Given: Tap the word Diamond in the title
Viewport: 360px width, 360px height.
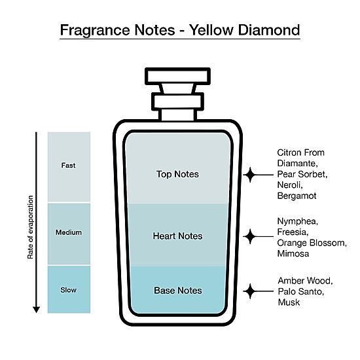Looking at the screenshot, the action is pos(269,30).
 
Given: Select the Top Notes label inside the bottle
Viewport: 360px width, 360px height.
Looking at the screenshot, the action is pos(177,174).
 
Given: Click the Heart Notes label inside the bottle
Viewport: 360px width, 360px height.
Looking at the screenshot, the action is pos(177,236).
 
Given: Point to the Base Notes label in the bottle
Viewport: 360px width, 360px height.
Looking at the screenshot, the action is pos(178,291).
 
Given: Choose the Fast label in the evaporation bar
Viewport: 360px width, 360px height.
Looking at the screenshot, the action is pos(69,166).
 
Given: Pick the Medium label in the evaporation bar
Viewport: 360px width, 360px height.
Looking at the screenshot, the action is pos(69,232).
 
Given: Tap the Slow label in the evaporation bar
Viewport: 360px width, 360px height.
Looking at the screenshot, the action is pos(69,290).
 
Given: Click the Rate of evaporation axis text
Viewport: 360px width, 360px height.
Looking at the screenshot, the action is pos(30,227).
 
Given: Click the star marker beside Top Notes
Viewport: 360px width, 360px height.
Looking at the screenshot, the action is pos(250,175).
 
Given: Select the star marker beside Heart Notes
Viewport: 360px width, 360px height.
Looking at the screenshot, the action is pos(250,236).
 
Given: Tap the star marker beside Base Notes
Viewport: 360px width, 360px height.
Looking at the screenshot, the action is pos(250,291).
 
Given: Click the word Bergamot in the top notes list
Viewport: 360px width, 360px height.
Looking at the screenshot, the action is pos(297,196).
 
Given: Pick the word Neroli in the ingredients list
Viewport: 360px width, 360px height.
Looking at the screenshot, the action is pos(290,185).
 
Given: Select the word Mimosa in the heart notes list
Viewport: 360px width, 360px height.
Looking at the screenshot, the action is pos(293,254).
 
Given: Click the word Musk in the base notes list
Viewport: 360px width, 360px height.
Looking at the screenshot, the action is pos(289,302).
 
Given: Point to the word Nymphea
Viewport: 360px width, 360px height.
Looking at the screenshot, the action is pos(298,221).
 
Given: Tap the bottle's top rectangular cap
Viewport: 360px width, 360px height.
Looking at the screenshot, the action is pos(177,77).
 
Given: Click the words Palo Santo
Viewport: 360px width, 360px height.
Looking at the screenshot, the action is pos(301,291).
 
